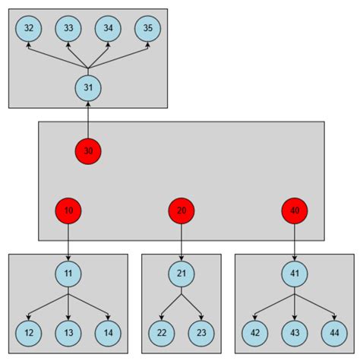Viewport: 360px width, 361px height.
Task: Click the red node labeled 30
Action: click(88, 150)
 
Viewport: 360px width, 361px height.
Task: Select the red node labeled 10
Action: click(68, 211)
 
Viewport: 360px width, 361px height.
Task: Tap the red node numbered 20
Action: click(182, 211)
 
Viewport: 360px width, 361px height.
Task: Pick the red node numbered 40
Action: click(295, 211)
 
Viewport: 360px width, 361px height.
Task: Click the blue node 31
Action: click(88, 88)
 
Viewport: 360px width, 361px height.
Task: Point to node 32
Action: click(29, 29)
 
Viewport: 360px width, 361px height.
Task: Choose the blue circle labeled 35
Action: click(148, 29)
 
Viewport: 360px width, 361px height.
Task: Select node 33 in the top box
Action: click(68, 29)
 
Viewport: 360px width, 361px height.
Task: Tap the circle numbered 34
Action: click(109, 29)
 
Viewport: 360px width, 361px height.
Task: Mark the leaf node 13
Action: click(68, 332)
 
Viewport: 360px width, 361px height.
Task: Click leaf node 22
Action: click(162, 332)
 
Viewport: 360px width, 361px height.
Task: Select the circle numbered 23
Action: click(201, 332)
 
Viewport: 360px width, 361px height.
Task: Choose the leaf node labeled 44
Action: click(334, 332)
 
